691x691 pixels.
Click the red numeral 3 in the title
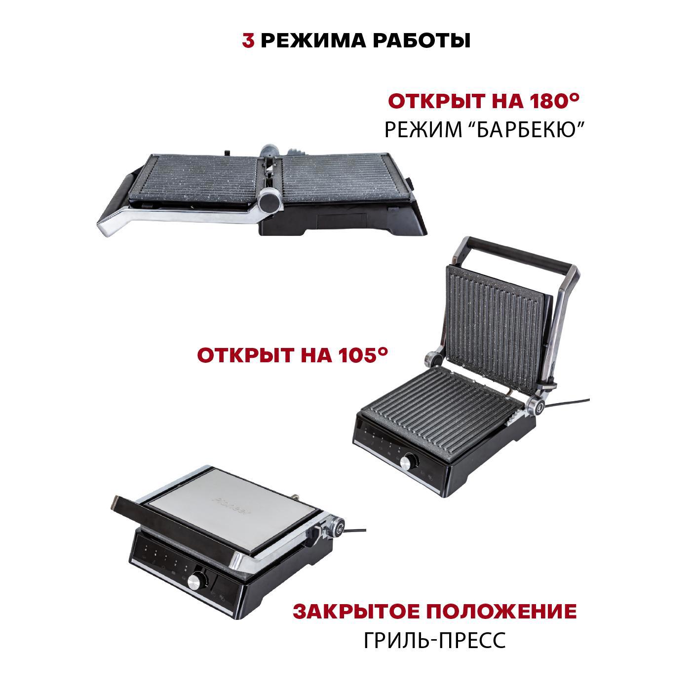248,41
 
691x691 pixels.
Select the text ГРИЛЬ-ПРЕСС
435,641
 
